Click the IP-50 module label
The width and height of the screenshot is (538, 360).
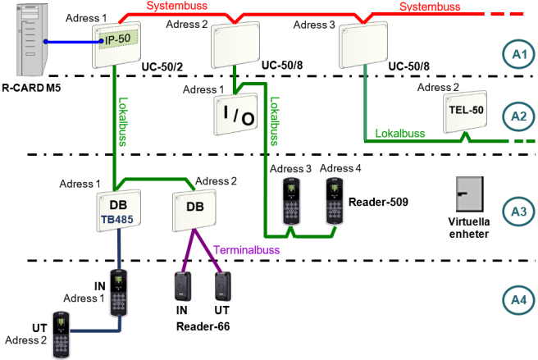click(x=118, y=39)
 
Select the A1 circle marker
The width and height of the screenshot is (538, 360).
click(x=519, y=55)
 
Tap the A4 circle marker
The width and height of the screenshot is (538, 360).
click(x=519, y=300)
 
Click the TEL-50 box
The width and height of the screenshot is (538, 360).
click(x=465, y=112)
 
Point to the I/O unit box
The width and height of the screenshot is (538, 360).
click(x=235, y=114)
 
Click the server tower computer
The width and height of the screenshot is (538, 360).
click(x=32, y=39)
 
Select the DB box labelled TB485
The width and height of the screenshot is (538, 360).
click(x=119, y=211)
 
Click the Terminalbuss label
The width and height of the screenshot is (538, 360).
click(x=246, y=250)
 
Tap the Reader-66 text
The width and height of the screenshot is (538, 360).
click(x=203, y=326)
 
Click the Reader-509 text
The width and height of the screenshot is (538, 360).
click(x=378, y=202)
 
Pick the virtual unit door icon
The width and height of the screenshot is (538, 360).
click(x=470, y=194)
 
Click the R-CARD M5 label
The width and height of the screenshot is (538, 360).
click(x=31, y=88)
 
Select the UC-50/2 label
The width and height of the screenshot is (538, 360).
click(x=162, y=66)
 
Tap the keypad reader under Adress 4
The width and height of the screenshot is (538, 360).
click(x=335, y=201)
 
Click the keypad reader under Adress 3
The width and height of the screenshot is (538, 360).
click(x=291, y=201)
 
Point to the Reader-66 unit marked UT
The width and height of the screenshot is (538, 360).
click(x=223, y=286)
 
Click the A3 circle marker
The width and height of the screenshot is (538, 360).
click(x=519, y=212)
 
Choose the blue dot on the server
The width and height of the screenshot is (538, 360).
click(x=46, y=42)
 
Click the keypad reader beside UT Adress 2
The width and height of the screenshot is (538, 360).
click(x=62, y=335)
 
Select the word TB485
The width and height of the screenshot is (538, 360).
click(x=117, y=219)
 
